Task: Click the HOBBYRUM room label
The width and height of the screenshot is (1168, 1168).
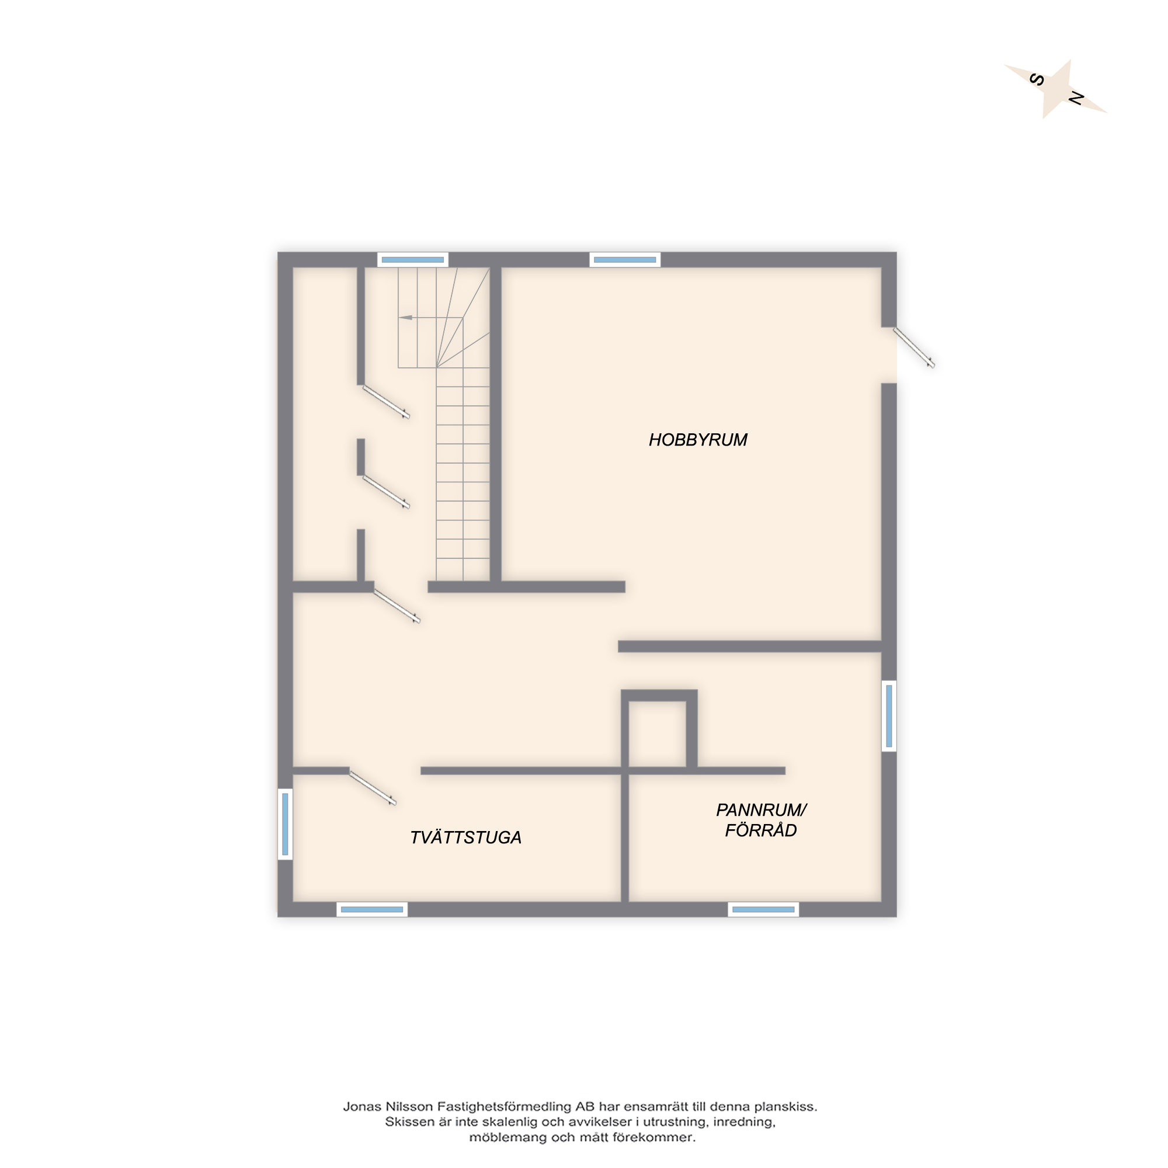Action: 698,440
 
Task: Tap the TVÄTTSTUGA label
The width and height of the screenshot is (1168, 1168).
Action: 465,837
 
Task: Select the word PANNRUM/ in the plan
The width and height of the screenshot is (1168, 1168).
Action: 761,809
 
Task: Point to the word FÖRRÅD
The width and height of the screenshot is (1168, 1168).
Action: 760,830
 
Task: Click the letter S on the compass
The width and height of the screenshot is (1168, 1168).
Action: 1036,80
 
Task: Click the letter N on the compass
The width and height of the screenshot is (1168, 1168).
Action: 1076,98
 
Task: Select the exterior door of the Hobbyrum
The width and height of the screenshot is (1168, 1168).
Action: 914,347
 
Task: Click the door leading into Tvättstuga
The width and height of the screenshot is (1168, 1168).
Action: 373,788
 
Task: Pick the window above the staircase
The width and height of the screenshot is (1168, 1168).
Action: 413,260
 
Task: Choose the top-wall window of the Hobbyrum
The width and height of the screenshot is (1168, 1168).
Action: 624,260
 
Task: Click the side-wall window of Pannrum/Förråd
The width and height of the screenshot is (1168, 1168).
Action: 889,716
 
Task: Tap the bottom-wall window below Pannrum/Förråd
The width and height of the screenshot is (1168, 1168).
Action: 763,909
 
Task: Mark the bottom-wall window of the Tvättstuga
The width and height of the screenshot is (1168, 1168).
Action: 372,909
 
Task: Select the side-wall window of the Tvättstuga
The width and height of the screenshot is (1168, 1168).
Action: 286,823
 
